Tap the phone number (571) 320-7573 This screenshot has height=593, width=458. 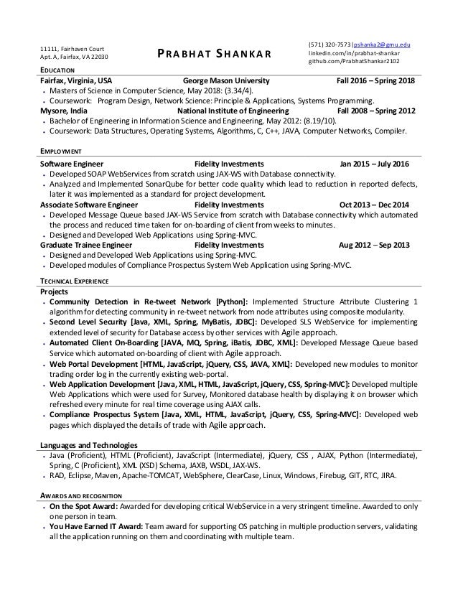[x=327, y=43]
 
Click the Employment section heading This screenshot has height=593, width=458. [x=60, y=153]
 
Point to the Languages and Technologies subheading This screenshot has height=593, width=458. [x=89, y=446]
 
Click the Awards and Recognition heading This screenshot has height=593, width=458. [x=81, y=496]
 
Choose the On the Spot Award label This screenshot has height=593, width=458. [x=83, y=506]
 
